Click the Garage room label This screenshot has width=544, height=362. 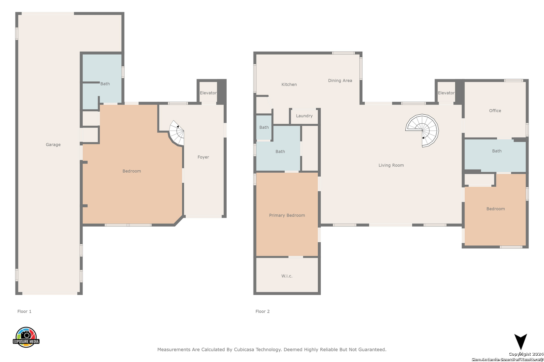point(53,144)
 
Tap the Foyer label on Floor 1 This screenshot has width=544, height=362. point(203,157)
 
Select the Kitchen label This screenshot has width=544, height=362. point(289,84)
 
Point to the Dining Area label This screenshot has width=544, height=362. point(340,80)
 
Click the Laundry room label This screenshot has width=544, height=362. point(304,116)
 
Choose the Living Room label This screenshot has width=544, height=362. point(391,165)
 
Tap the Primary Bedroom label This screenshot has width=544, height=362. point(287,215)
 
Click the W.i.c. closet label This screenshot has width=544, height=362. point(287,276)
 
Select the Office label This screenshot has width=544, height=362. point(495,111)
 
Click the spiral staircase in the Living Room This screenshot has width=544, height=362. point(422,130)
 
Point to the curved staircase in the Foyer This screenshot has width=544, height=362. point(177,133)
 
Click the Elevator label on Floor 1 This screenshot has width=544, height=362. point(208,93)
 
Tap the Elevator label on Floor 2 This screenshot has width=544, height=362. point(446,93)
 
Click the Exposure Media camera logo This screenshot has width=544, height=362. point(26,337)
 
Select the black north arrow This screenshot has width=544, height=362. point(520,342)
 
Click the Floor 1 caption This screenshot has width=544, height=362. point(24,311)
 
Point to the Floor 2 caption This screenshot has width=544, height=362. point(263,311)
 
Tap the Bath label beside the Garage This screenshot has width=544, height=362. point(105,84)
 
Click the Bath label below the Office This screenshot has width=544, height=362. point(497,151)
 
